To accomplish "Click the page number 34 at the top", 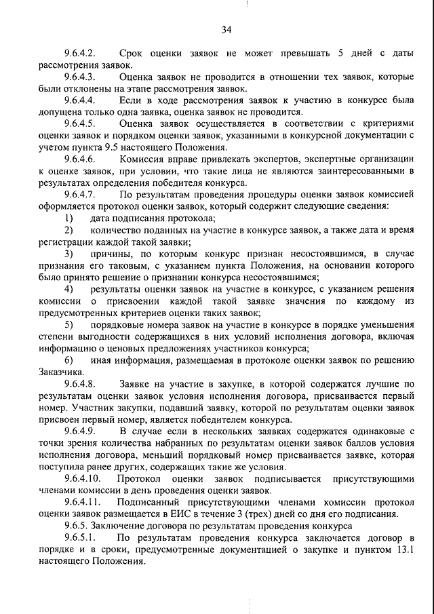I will coord(226,28).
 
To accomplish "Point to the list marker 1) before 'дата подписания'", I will coord(69,218).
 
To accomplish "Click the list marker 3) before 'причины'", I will coord(69,254).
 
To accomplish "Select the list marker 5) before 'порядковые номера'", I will coord(69,325).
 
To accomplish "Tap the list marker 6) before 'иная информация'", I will coord(69,360).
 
